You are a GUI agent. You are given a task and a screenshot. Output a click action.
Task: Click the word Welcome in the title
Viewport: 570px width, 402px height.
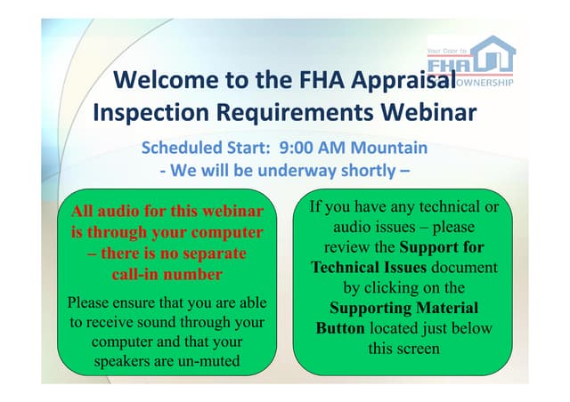point(166,79)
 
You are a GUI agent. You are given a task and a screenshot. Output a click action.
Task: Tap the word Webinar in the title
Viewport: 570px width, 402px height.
point(428,112)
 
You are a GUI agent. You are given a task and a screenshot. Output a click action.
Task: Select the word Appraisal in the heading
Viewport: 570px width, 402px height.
point(403,81)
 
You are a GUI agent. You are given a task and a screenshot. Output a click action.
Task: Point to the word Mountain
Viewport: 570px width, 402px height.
point(388,148)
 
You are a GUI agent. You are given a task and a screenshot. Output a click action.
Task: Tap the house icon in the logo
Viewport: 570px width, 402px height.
point(493,53)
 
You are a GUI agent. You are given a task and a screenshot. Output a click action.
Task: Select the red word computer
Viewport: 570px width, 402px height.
point(227,233)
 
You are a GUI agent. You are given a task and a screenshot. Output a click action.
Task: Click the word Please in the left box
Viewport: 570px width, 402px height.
point(88,302)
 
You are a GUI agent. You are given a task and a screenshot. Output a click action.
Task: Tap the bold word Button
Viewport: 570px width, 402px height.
point(340,328)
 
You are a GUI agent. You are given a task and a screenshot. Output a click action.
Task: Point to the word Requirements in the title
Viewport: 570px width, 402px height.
point(295,113)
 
